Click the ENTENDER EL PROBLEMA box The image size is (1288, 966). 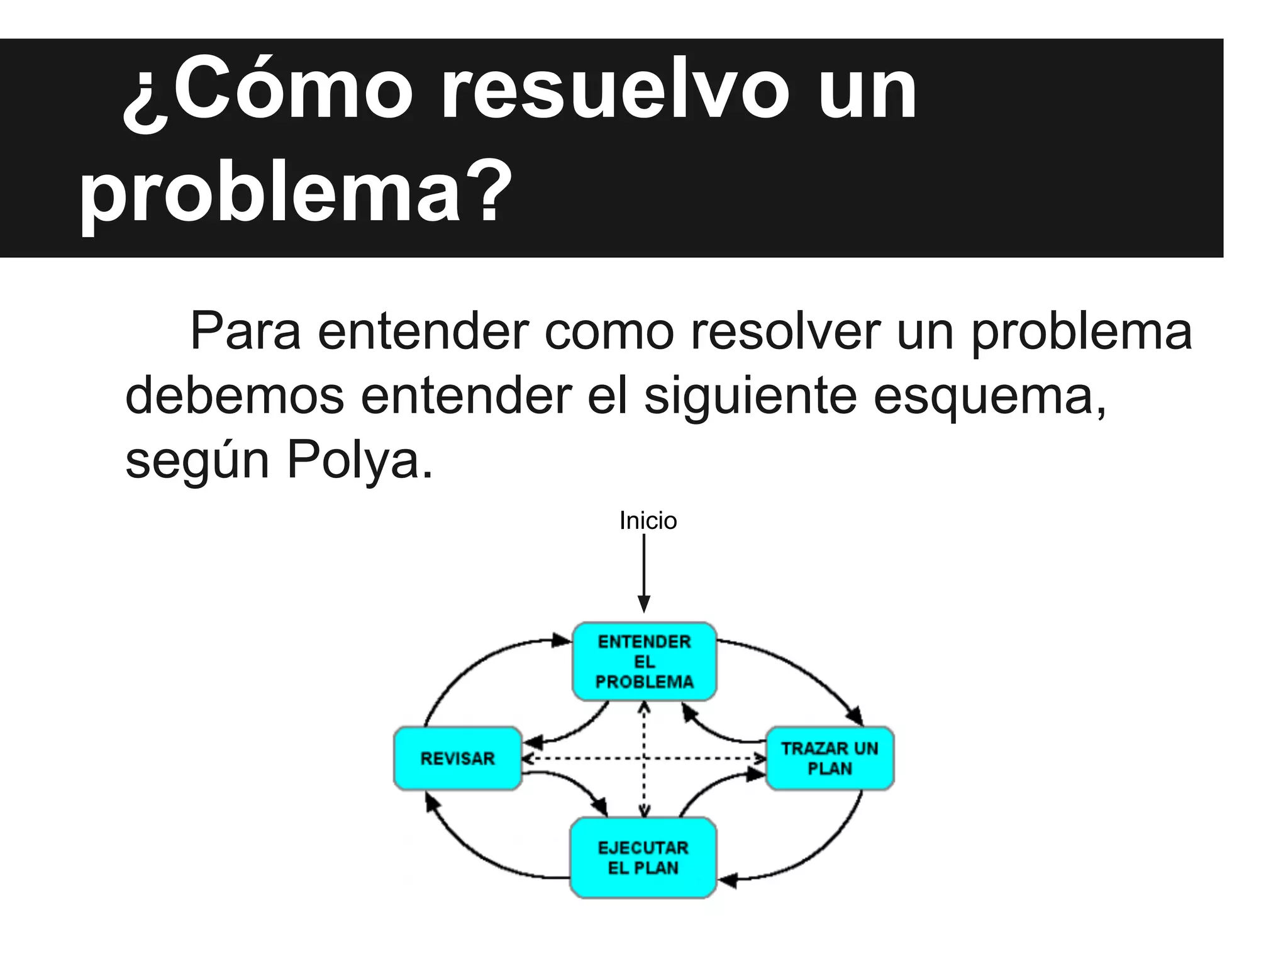click(644, 662)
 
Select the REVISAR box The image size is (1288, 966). click(457, 758)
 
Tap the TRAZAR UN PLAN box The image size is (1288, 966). click(830, 758)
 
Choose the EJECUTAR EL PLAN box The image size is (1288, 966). click(643, 858)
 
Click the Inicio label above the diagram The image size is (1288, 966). click(648, 521)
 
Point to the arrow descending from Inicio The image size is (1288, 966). click(644, 572)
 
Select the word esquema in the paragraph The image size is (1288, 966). click(990, 396)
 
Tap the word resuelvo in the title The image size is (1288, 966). click(614, 92)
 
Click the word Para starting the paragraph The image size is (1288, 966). click(245, 332)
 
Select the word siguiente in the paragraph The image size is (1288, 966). click(750, 396)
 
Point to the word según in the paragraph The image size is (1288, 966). click(197, 461)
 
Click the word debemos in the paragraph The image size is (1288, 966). click(235, 396)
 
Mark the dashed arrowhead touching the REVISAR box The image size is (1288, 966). click(528, 758)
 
